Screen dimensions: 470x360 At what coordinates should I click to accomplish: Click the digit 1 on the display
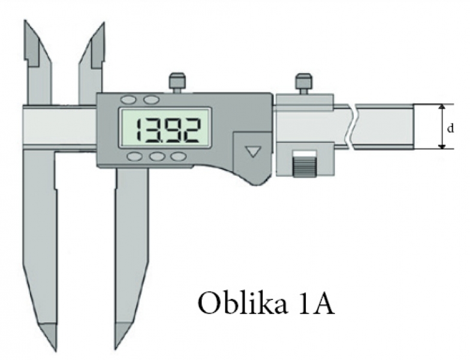coord(138,130)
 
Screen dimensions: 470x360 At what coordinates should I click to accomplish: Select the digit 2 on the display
coord(191,130)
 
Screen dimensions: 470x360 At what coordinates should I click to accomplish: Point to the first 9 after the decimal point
coord(171,130)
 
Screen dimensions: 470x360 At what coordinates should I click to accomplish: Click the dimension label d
coord(450,128)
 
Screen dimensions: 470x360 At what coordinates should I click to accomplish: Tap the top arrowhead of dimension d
coord(441,107)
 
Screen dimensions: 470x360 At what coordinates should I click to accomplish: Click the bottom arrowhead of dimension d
coord(441,146)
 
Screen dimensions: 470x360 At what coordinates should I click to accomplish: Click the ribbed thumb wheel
coord(304,167)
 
